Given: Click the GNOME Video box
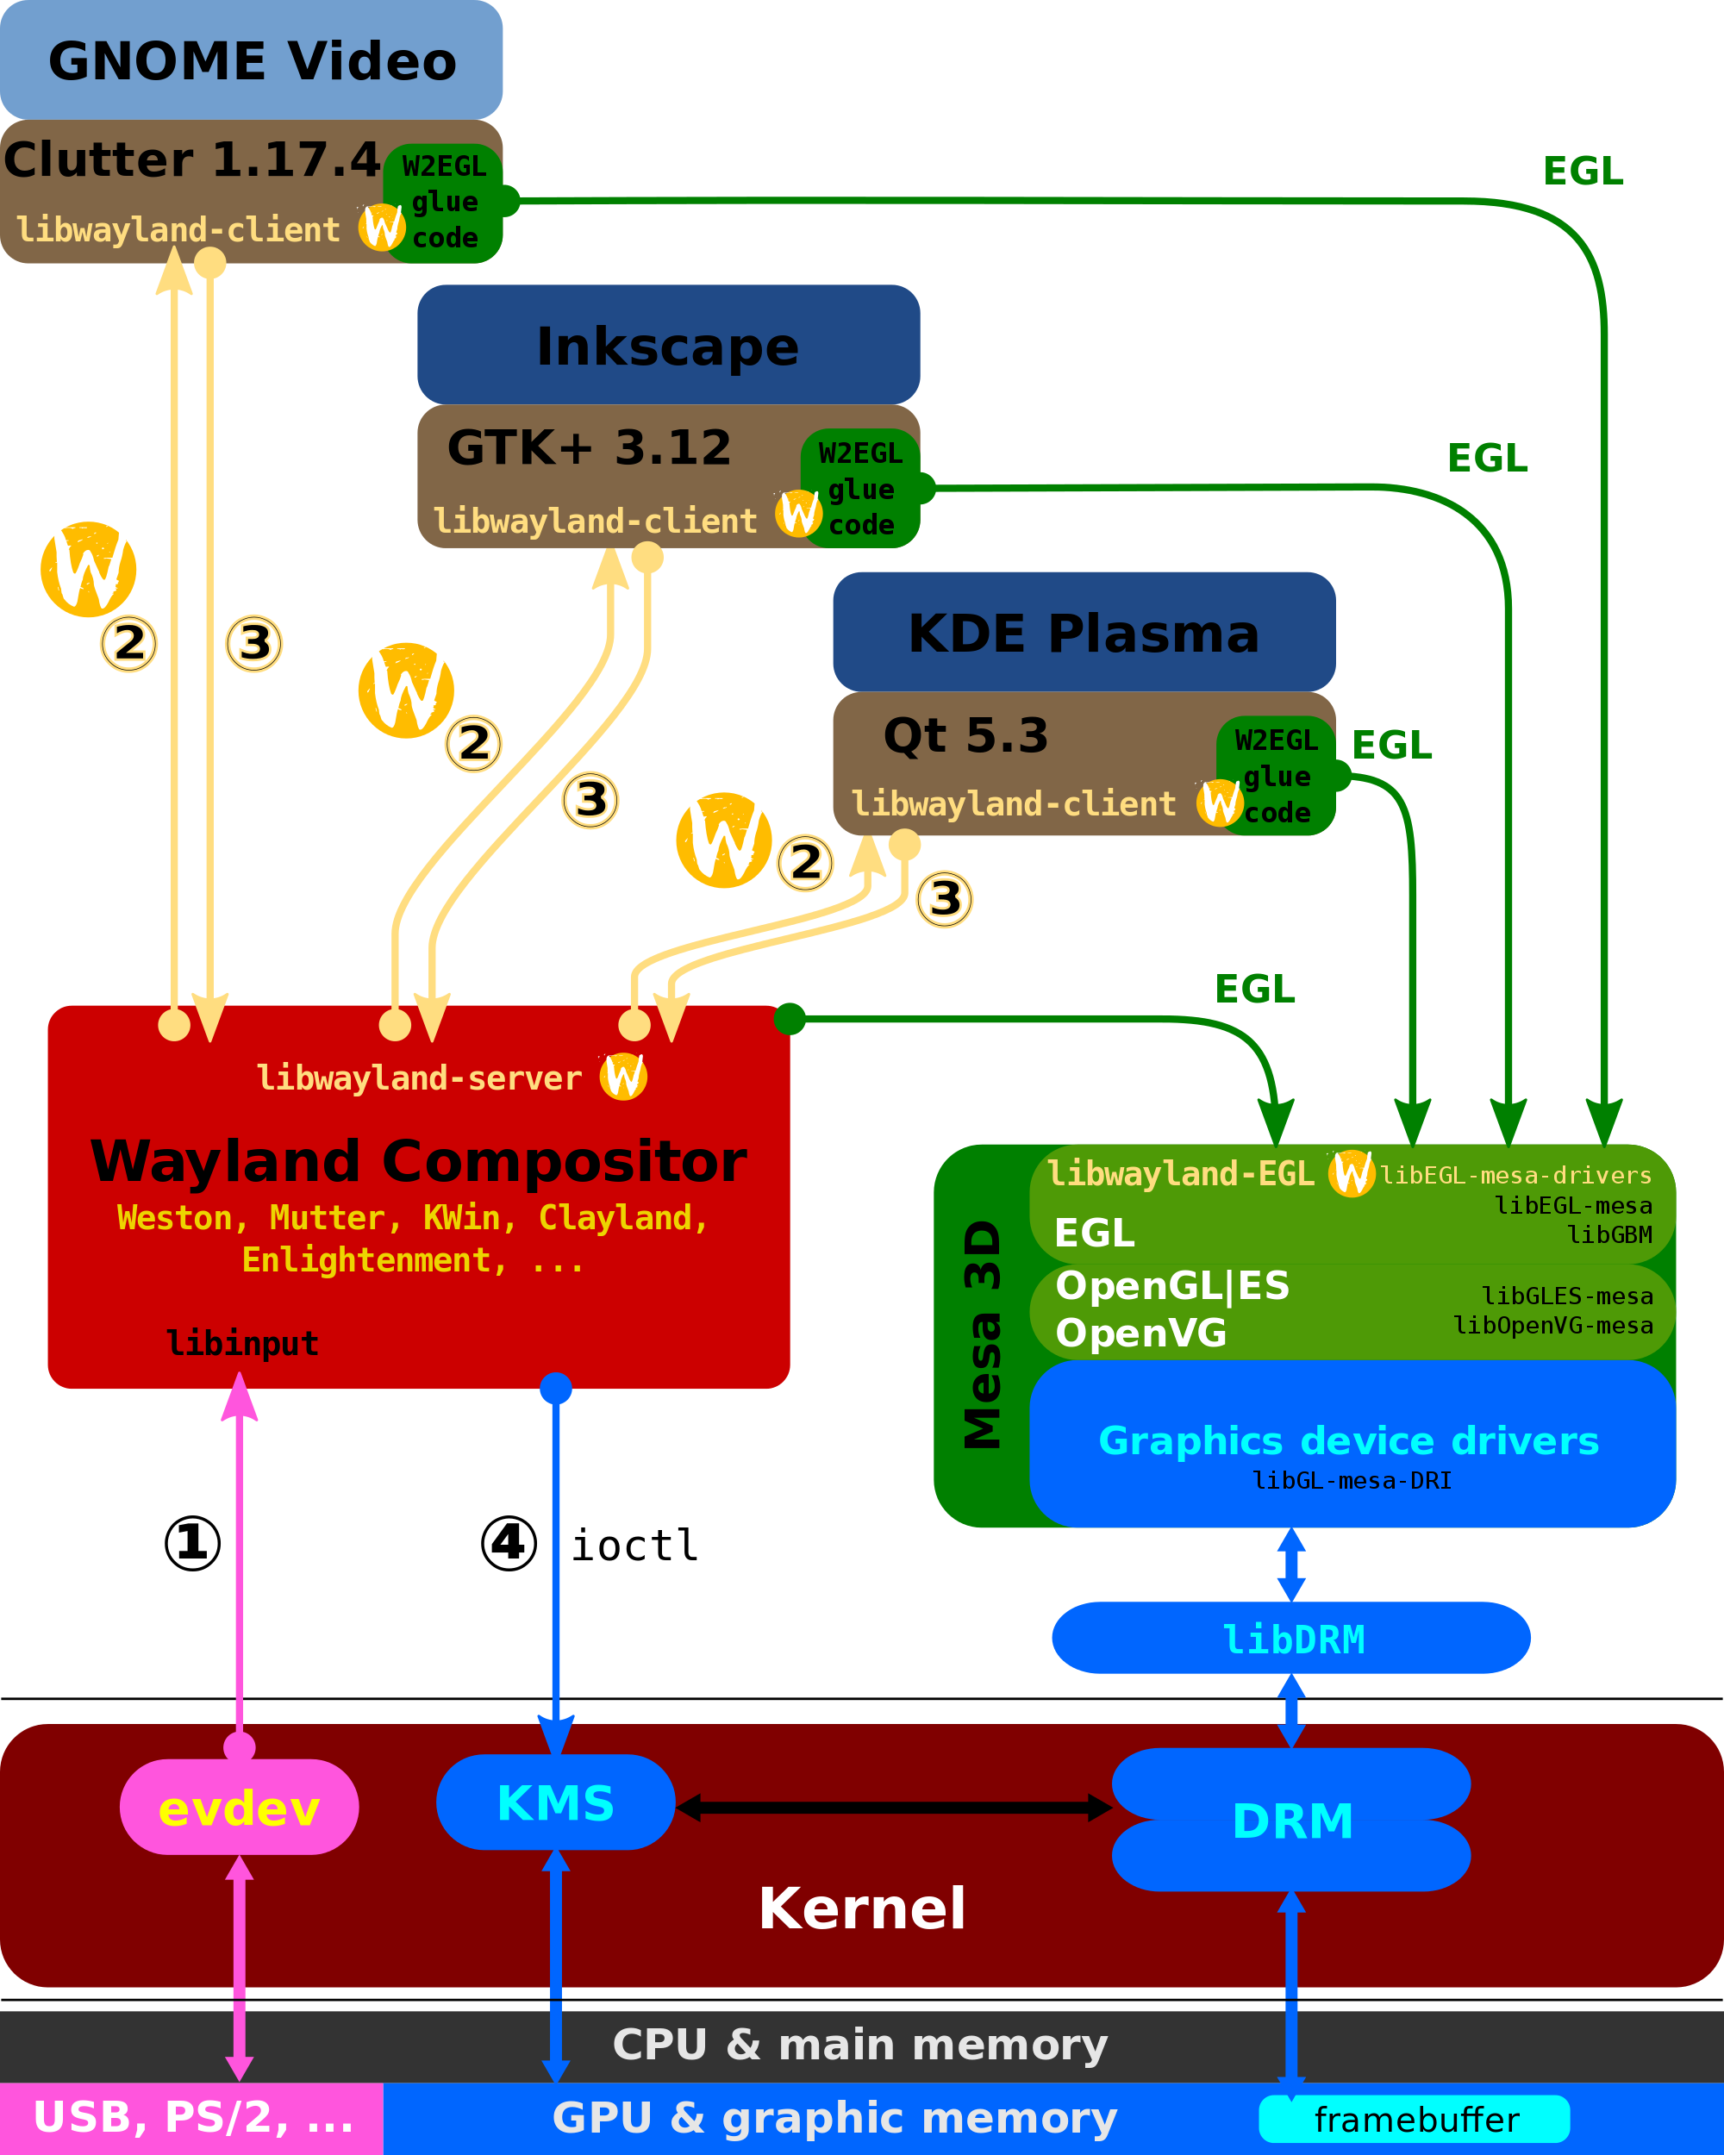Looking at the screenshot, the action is [x=251, y=60].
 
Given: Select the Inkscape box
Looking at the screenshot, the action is [x=669, y=345].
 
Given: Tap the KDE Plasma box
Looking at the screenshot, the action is [x=1084, y=632].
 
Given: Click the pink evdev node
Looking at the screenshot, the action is [x=239, y=1807].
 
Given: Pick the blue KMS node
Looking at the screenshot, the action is [x=556, y=1802].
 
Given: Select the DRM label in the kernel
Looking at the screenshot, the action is [x=1292, y=1821].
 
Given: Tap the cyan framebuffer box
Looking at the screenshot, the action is [x=1415, y=2119].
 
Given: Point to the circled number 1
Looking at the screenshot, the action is [x=192, y=1543].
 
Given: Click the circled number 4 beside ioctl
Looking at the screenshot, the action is [x=509, y=1543].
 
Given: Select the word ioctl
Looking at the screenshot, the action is [x=634, y=1546].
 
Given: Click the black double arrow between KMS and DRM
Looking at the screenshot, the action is [x=894, y=1807].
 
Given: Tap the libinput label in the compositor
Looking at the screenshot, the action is [x=243, y=1343].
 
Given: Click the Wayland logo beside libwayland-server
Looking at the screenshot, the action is [x=623, y=1077].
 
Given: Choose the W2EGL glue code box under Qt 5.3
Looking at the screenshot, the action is [x=1277, y=776].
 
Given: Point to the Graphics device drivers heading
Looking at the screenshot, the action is [x=1348, y=1440].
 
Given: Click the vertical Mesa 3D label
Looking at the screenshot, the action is [x=982, y=1334].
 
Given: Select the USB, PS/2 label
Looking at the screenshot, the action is [x=193, y=2117].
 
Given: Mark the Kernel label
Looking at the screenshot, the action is [x=861, y=1907].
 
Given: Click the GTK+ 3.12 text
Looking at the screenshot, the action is [x=589, y=447].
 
